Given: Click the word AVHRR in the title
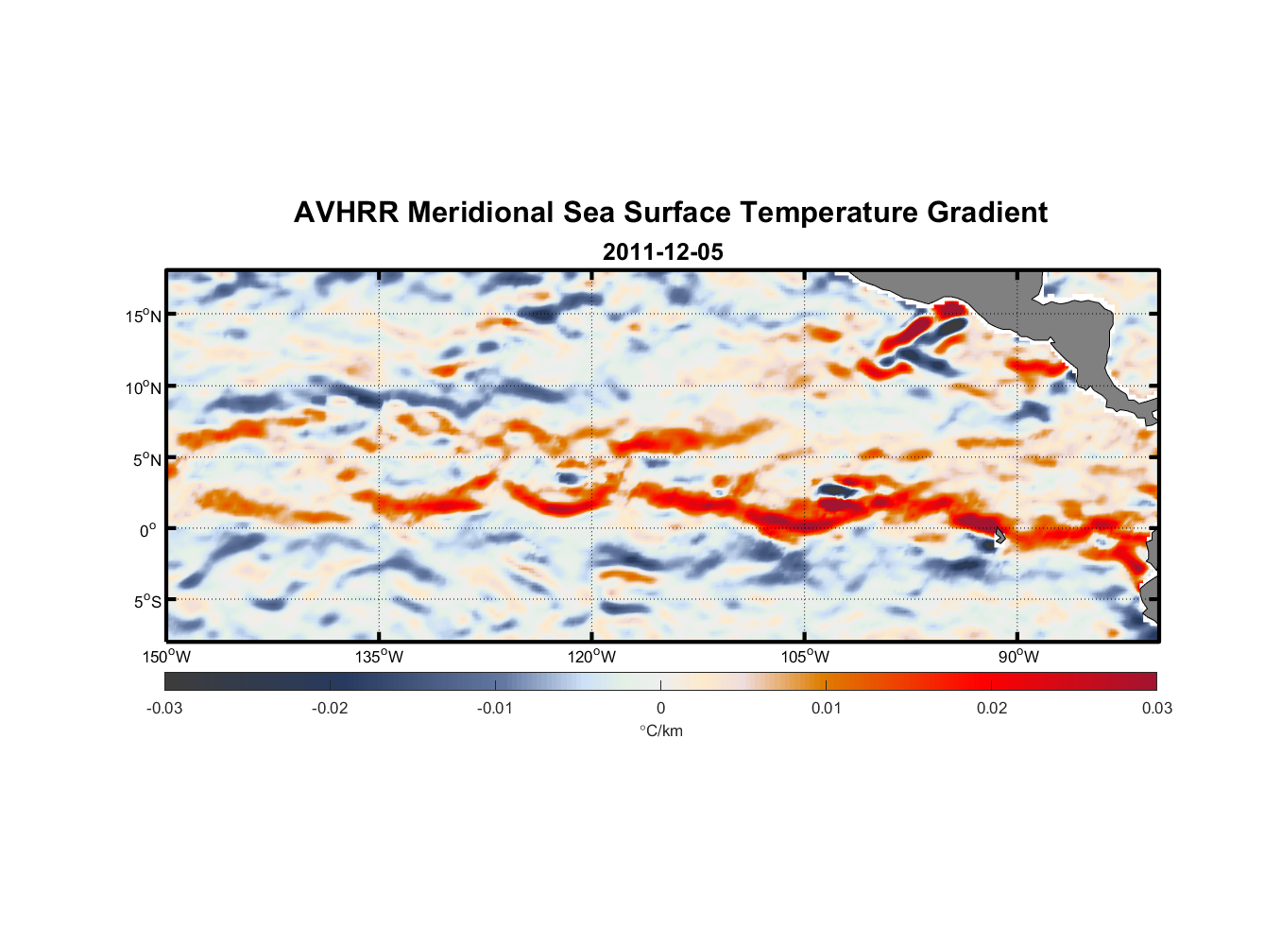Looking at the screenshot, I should (x=345, y=213).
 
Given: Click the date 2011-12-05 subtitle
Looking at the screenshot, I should (x=662, y=252).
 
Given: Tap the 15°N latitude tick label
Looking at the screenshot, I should (x=144, y=316).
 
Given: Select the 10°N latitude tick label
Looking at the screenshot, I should (x=144, y=387).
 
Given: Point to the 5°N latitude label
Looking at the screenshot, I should (x=146, y=459).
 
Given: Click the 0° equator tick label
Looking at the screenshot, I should (x=148, y=530).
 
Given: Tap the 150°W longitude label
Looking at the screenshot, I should (x=166, y=657).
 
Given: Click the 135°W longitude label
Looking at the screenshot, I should (x=379, y=657).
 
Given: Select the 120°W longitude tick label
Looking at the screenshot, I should (x=591, y=657).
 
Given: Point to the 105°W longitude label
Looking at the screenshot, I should (x=805, y=657).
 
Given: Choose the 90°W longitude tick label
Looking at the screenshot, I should (x=1018, y=657).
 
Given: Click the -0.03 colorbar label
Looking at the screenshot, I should (x=164, y=709).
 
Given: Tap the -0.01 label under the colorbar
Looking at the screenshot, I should (x=495, y=709).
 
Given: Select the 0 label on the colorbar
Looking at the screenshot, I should (x=660, y=709).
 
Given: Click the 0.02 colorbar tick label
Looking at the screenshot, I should (x=992, y=709).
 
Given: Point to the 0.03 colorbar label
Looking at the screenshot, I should (x=1156, y=709).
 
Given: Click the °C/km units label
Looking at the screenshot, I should (x=660, y=730).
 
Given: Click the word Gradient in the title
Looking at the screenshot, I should (x=987, y=213).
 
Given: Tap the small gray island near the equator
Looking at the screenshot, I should (x=999, y=536).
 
